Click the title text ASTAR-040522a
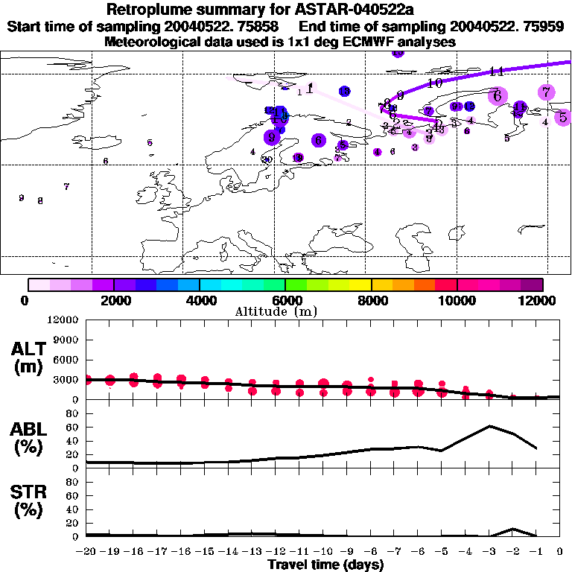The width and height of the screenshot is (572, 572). click(350, 10)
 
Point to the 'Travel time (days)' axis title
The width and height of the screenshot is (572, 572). click(325, 565)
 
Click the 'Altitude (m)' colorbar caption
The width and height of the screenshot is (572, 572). click(276, 311)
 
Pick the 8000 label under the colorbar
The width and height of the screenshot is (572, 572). click(371, 300)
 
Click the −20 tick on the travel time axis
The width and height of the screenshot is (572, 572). click(87, 552)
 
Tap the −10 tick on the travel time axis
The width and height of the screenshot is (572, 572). click(323, 552)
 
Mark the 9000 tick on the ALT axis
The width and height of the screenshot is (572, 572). click(67, 340)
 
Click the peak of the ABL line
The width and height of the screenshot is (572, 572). click(489, 426)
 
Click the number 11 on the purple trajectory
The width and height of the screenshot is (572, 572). click(497, 71)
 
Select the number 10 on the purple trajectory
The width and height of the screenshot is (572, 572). click(435, 83)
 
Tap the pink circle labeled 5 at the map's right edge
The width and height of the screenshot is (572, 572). click(563, 117)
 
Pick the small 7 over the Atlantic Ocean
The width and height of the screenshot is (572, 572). click(66, 186)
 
